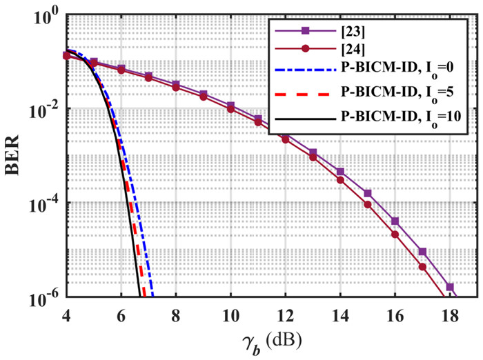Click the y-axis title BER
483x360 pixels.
coord(14,157)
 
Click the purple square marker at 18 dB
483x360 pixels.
coord(449,286)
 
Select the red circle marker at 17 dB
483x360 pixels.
coord(422,268)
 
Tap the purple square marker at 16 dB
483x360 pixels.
coord(395,221)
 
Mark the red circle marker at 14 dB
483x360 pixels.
coord(340,179)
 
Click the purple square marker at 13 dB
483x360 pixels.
coord(313,152)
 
